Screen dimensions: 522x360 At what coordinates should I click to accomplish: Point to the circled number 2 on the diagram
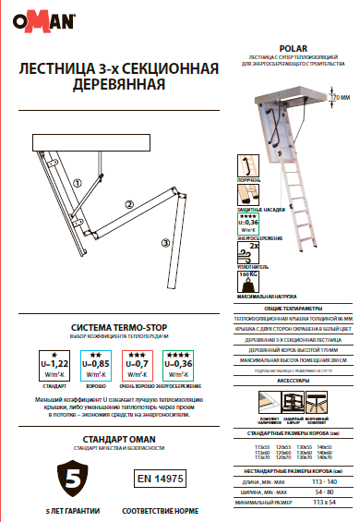coord(130,203)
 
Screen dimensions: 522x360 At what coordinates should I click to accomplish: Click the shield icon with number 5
coord(70,477)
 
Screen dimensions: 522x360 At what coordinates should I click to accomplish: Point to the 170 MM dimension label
coord(343,95)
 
